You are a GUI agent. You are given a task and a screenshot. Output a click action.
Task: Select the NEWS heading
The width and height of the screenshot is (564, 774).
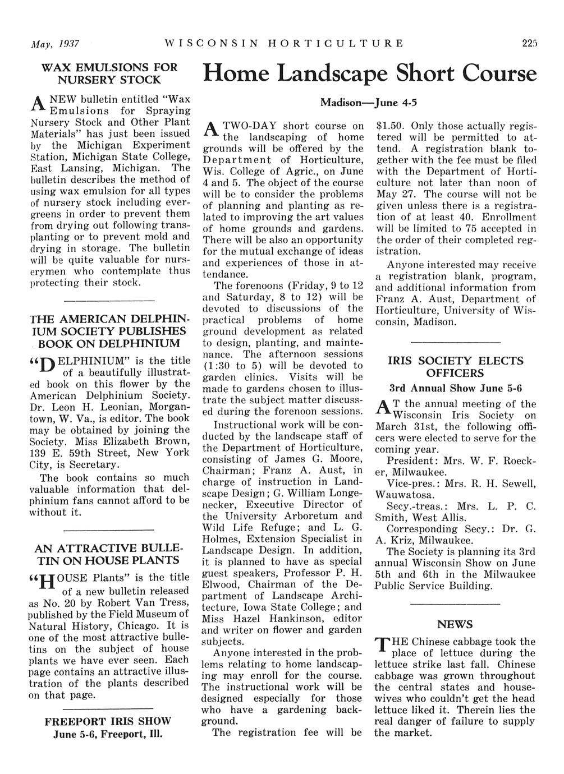(x=455, y=625)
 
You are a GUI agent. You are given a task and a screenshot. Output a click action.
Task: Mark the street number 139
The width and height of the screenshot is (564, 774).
(x=38, y=453)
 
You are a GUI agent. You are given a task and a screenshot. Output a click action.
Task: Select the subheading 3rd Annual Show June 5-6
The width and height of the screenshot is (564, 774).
(x=455, y=388)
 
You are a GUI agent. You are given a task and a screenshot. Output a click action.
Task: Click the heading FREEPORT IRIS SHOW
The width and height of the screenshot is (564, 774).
(x=108, y=721)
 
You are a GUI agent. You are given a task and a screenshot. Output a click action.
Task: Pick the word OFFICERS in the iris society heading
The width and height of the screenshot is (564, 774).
(x=455, y=374)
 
